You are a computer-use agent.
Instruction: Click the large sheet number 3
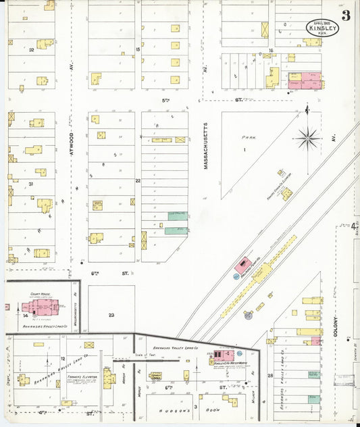pyautogui.click(x=346, y=16)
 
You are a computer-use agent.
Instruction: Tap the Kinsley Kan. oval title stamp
pyautogui.click(x=322, y=27)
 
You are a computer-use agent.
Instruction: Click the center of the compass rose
pyautogui.click(x=308, y=139)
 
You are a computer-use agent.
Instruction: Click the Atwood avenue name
pyautogui.click(x=71, y=144)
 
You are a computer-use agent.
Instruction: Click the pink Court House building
pyautogui.click(x=37, y=307)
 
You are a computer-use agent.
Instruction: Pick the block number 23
pyautogui.click(x=111, y=314)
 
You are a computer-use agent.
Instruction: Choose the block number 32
pyautogui.click(x=31, y=49)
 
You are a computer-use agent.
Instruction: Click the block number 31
pyautogui.click(x=31, y=183)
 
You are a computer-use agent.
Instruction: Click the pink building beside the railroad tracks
pyautogui.click(x=243, y=265)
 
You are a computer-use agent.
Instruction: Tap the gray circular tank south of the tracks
pyautogui.click(x=248, y=314)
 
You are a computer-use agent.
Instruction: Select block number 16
pyautogui.click(x=270, y=50)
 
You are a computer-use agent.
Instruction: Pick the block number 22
pyautogui.click(x=137, y=180)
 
